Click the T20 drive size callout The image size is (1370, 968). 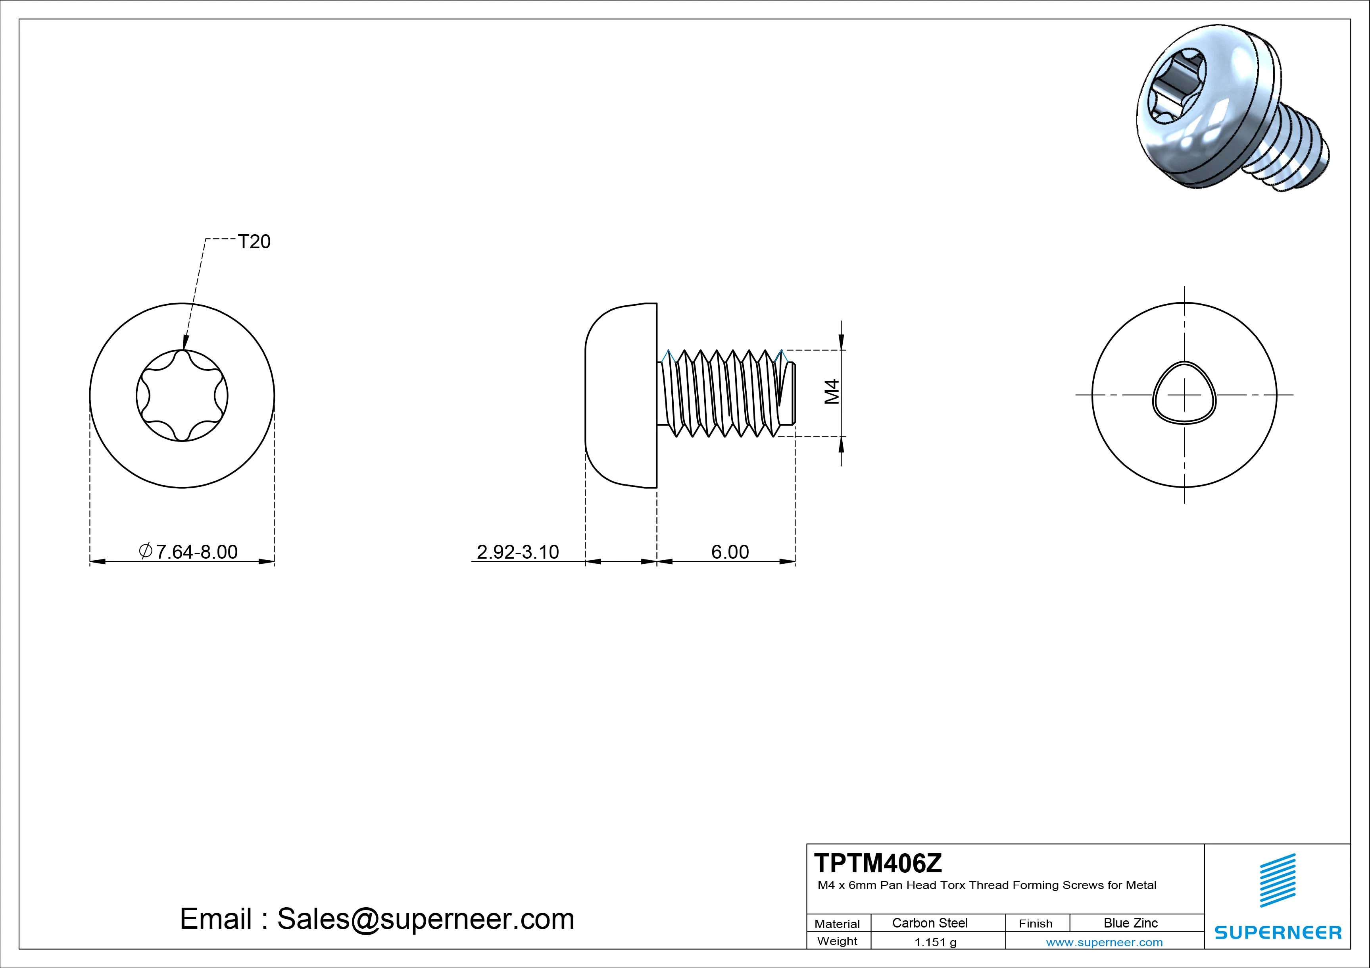coord(254,241)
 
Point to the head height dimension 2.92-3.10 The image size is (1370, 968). coord(518,552)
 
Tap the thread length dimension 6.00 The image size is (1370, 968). coord(730,552)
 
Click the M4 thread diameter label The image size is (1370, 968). coord(832,392)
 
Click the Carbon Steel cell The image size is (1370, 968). coord(930,923)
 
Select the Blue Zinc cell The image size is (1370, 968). coord(1131,923)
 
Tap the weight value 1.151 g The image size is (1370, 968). coord(935,942)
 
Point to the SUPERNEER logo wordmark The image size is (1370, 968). coord(1278,932)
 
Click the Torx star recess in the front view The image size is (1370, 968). coord(182,395)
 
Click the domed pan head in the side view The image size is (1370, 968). coord(621,396)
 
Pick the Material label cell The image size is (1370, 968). coord(837,923)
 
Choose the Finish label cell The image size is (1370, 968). coord(1036,923)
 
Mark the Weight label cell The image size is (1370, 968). coord(837,941)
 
